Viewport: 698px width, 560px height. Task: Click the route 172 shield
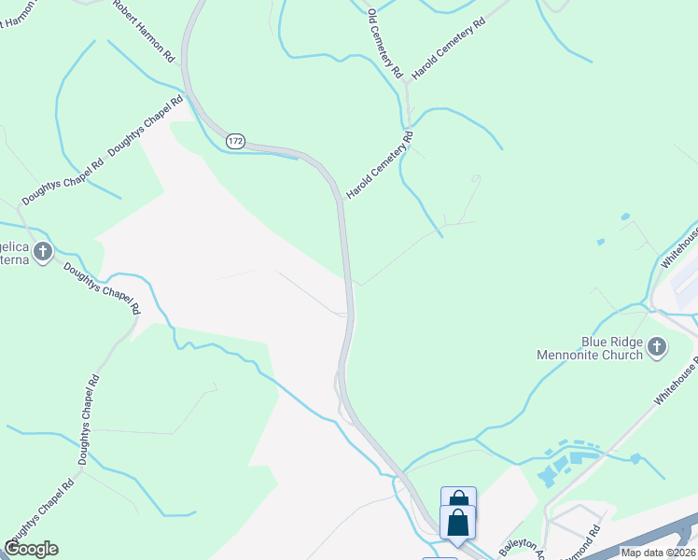(x=235, y=141)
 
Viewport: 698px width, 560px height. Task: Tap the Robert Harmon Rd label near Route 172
(x=144, y=31)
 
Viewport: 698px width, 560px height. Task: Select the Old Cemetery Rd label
(x=384, y=43)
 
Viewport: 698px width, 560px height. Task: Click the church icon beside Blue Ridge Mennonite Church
(x=657, y=347)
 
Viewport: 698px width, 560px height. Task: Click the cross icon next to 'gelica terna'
(x=43, y=251)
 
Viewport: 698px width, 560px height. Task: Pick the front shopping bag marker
(x=458, y=522)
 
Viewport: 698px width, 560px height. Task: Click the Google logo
(x=31, y=549)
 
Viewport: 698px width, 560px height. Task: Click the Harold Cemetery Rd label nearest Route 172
(x=380, y=165)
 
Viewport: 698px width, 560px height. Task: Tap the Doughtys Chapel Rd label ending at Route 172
(x=146, y=127)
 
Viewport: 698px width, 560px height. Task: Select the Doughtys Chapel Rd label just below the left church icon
(x=102, y=288)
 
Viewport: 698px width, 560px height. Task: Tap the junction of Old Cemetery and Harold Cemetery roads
(x=407, y=83)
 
